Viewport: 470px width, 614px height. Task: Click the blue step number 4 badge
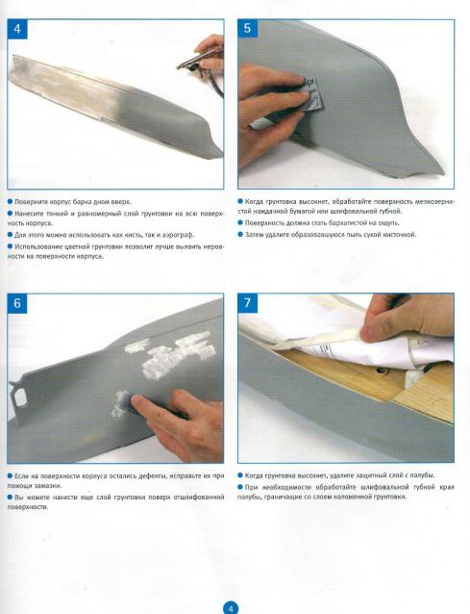pos(17,29)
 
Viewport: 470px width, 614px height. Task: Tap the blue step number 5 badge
pos(248,28)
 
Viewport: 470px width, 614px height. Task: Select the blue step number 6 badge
pos(17,303)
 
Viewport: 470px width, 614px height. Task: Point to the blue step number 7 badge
pos(248,303)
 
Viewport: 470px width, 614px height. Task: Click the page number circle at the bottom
pos(231,608)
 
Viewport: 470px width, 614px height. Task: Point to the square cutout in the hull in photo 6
pos(19,397)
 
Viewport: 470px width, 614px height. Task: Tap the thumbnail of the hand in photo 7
pos(369,334)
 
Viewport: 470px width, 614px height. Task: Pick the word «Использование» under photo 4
pos(36,246)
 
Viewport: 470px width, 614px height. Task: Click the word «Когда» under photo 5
pos(254,202)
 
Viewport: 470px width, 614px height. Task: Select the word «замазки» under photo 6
pos(52,486)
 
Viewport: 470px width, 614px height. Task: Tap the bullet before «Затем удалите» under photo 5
pos(240,235)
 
